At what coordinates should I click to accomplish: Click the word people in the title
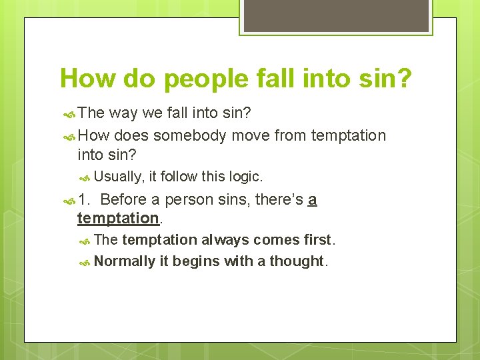tap(207, 79)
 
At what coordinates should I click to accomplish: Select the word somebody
tap(191, 136)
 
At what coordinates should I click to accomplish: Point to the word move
tap(252, 136)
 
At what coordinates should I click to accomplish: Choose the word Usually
tap(119, 177)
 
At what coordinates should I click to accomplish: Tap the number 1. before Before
tap(85, 199)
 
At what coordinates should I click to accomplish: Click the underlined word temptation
tap(117, 218)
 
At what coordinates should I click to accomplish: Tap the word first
tap(317, 240)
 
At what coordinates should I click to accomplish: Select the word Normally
tap(125, 261)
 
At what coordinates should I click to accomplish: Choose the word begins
tap(197, 261)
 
